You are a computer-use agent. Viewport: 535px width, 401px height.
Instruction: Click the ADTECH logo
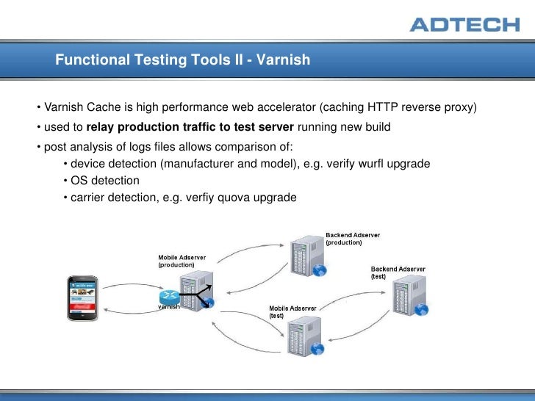[x=464, y=24]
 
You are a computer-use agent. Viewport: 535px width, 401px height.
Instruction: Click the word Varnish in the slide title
[x=284, y=59]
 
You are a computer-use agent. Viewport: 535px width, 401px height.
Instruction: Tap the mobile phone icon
[x=83, y=297]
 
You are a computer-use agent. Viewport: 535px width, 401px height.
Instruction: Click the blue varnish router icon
[x=169, y=297]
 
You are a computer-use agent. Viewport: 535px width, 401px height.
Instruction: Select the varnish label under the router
[x=170, y=308]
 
